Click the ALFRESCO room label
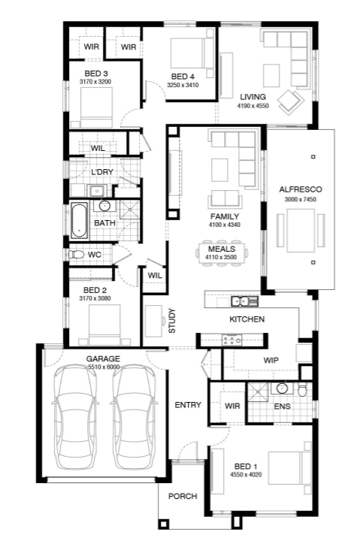pos(300,189)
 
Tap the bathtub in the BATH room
pos(79,221)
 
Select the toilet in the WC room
pos(76,254)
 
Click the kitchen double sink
pos(244,301)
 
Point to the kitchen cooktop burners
pos(232,340)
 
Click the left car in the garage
pos(75,416)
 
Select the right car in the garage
pos(134,416)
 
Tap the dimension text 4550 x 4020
pos(246,475)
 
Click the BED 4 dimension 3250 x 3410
pos(183,85)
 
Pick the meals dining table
pos(222,252)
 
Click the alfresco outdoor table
pos(301,231)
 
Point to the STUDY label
pos(172,321)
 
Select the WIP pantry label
pos(271,360)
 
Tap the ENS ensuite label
pos(283,406)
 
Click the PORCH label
pos(183,496)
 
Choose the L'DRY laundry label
pos(102,172)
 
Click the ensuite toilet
pos(302,390)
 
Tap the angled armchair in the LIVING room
pos(291,101)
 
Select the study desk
pos(153,321)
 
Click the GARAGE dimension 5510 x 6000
pos(103,367)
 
